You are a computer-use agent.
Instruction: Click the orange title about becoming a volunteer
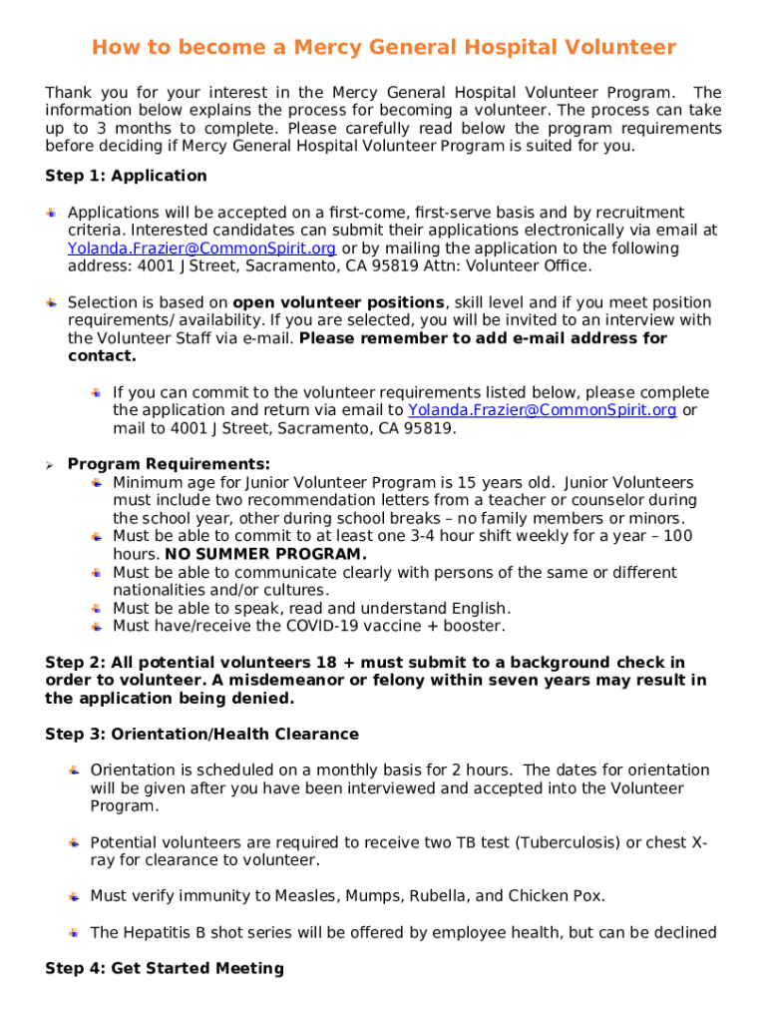(384, 48)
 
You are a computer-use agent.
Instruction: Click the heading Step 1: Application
(126, 176)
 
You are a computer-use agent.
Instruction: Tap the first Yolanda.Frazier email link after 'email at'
(201, 249)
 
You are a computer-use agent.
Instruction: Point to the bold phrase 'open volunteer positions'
(338, 302)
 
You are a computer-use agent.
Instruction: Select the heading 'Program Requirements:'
(169, 465)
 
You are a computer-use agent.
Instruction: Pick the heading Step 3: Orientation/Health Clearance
(201, 735)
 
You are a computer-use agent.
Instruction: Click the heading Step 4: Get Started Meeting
(165, 968)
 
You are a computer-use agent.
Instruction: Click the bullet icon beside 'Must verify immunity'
(74, 896)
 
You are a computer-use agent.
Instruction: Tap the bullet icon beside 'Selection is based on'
(51, 302)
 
